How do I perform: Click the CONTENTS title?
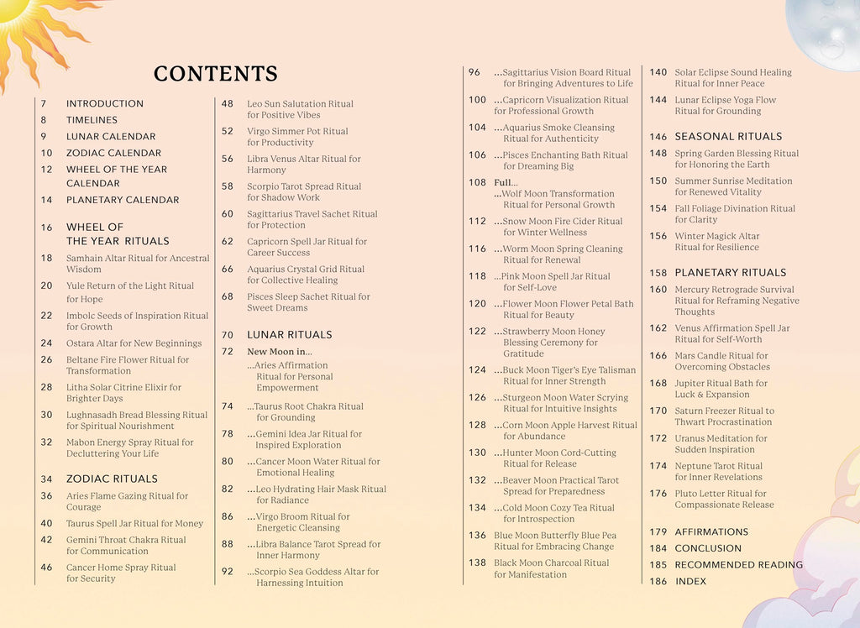pyautogui.click(x=215, y=74)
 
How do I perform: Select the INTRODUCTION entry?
pyautogui.click(x=105, y=103)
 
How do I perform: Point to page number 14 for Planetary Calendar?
pyautogui.click(x=47, y=200)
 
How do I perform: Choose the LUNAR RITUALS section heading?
pyautogui.click(x=289, y=335)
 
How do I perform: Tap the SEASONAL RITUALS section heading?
pyautogui.click(x=728, y=136)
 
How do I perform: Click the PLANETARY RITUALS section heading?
pyautogui.click(x=731, y=273)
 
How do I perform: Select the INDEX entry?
pyautogui.click(x=690, y=581)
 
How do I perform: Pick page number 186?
pyautogui.click(x=658, y=581)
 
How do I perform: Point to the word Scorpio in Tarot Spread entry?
pyautogui.click(x=264, y=186)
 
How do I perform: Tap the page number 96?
pyautogui.click(x=475, y=72)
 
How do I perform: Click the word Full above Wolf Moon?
pyautogui.click(x=504, y=182)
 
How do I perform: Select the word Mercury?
pyautogui.click(x=693, y=290)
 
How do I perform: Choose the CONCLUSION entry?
pyautogui.click(x=708, y=548)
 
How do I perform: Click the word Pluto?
pyautogui.click(x=687, y=494)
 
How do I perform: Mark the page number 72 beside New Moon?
pyautogui.click(x=228, y=352)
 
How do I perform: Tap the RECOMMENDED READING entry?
pyautogui.click(x=738, y=565)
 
